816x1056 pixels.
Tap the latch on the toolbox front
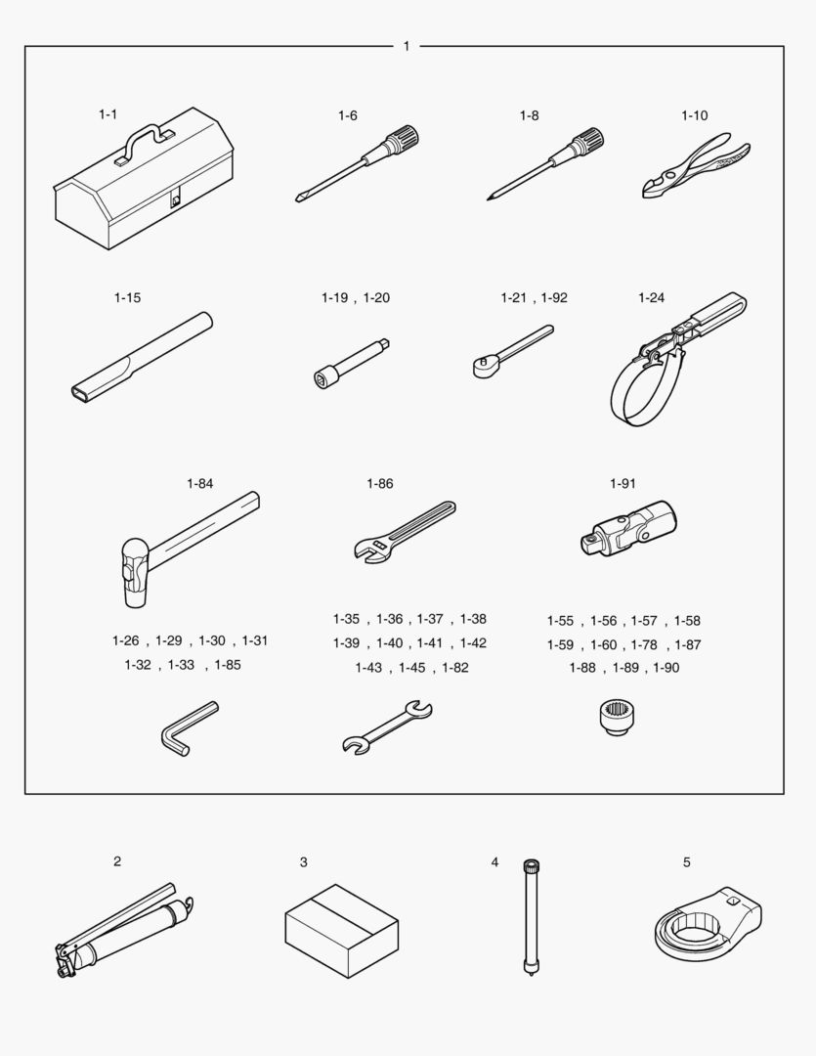[176, 199]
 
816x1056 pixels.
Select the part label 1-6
[348, 115]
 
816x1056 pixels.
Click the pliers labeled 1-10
[696, 164]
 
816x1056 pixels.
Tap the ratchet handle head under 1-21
[483, 367]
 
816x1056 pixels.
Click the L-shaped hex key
[187, 727]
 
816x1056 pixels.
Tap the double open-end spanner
[387, 728]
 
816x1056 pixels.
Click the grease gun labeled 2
[122, 929]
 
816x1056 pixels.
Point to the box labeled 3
[341, 931]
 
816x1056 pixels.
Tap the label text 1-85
[228, 665]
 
